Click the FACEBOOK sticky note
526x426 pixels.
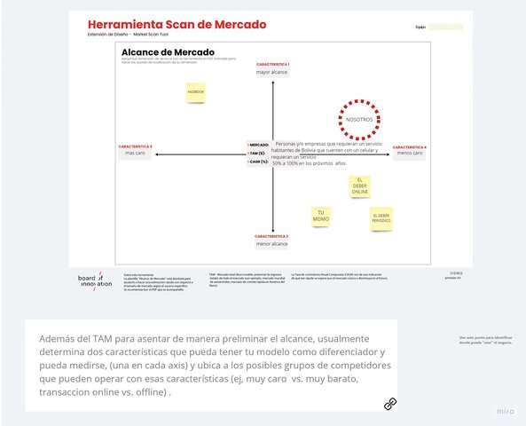[x=195, y=92]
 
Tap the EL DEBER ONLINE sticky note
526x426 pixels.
[x=359, y=186]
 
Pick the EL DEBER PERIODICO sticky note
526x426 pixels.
[x=381, y=218]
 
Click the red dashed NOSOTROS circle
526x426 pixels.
[x=359, y=119]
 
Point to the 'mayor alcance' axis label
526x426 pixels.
[x=273, y=73]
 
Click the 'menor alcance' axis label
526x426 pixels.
[x=272, y=244]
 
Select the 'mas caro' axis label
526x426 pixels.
[x=135, y=154]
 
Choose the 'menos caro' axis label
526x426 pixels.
[x=410, y=154]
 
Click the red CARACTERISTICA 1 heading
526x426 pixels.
[x=273, y=65]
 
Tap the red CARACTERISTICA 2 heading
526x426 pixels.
[x=272, y=236]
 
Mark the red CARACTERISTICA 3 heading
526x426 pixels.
[x=135, y=146]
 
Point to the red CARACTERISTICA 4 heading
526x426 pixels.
[x=410, y=146]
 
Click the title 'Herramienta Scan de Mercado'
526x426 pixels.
[x=176, y=24]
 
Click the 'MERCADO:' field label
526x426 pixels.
[x=258, y=145]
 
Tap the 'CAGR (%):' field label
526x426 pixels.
[x=258, y=162]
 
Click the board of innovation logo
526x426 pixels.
[x=95, y=280]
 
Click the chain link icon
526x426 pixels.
[x=389, y=404]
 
